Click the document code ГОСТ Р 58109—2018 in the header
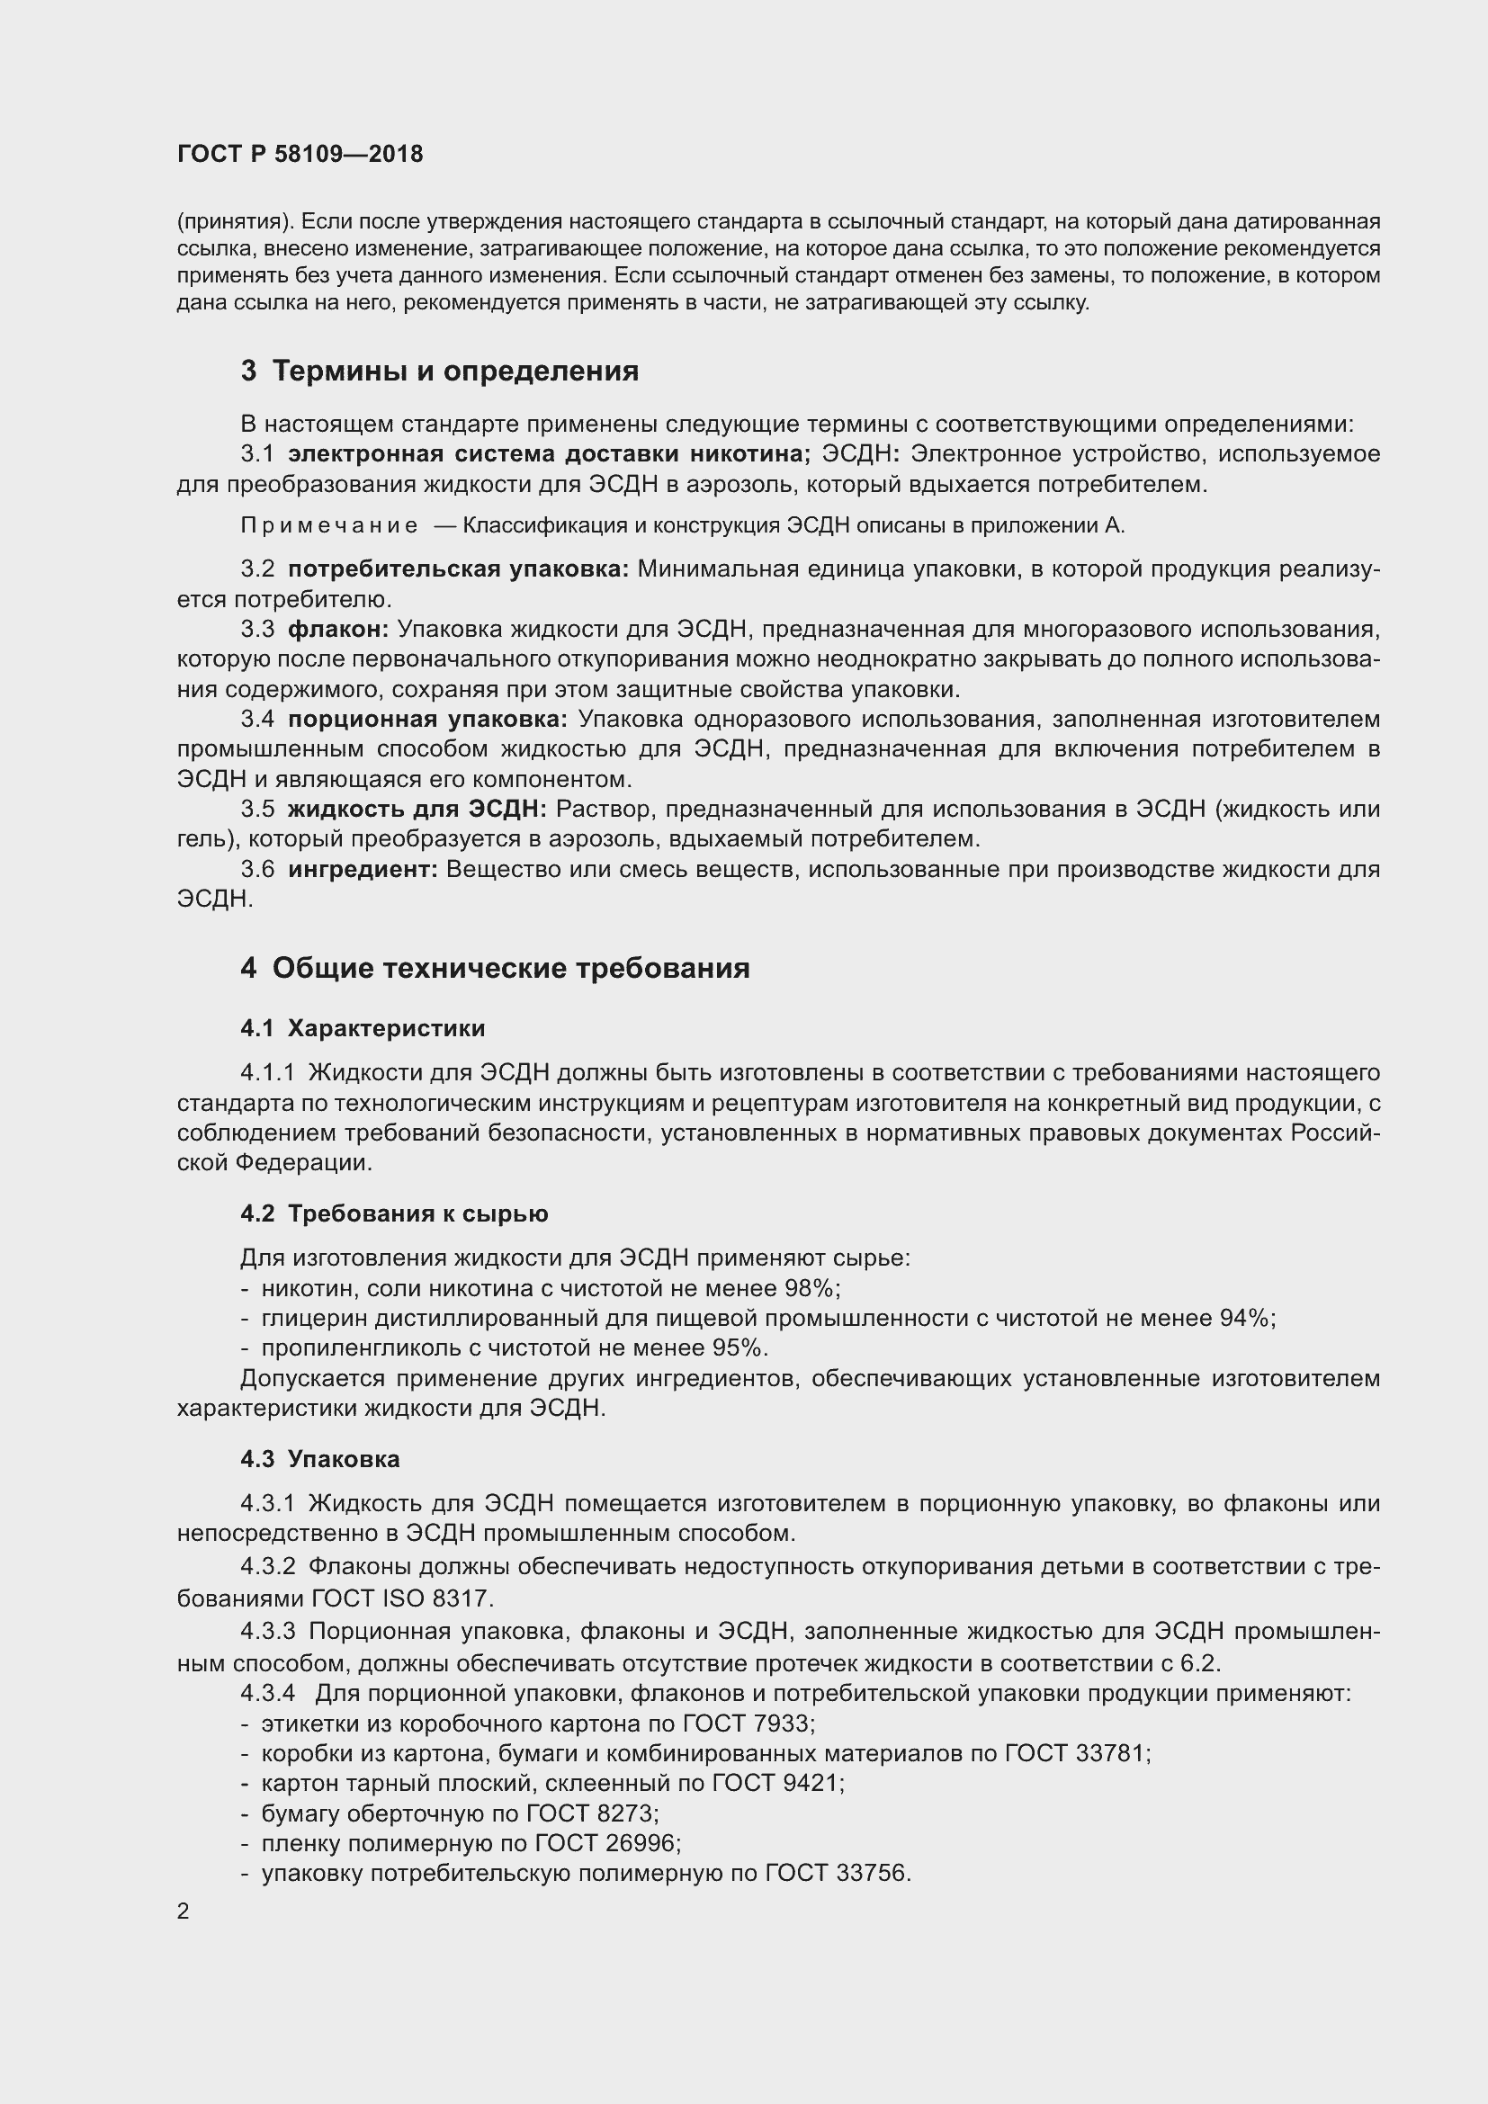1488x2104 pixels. coord(300,154)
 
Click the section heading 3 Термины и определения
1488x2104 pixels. coord(440,372)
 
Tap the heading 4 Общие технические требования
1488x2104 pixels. coord(495,969)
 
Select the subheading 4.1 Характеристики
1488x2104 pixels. coord(363,1028)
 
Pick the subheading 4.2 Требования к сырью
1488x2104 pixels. coord(394,1213)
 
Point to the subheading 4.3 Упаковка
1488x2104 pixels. coord(319,1459)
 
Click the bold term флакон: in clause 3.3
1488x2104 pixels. coord(338,630)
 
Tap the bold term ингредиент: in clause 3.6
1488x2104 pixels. coord(363,870)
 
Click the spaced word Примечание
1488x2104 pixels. coord(329,526)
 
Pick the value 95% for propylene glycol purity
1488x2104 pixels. coord(737,1348)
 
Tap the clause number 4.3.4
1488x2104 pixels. coord(267,1694)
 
